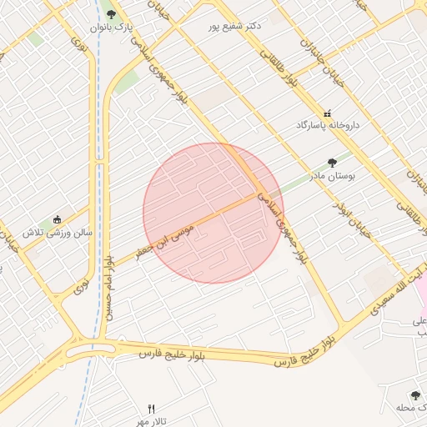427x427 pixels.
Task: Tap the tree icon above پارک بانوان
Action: pyautogui.click(x=111, y=13)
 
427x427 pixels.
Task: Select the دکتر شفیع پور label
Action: pyautogui.click(x=236, y=26)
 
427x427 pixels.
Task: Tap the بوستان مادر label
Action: pyautogui.click(x=333, y=176)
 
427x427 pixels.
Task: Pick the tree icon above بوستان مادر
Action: pyautogui.click(x=333, y=163)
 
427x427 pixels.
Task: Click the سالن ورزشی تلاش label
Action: pyautogui.click(x=56, y=233)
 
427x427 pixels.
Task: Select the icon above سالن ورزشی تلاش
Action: pyautogui.click(x=57, y=219)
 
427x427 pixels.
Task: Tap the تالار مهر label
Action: pyautogui.click(x=151, y=421)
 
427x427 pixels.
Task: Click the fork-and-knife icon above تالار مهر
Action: pyautogui.click(x=151, y=409)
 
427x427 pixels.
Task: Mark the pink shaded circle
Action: pyautogui.click(x=213, y=213)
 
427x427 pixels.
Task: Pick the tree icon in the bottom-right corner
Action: pyautogui.click(x=415, y=394)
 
